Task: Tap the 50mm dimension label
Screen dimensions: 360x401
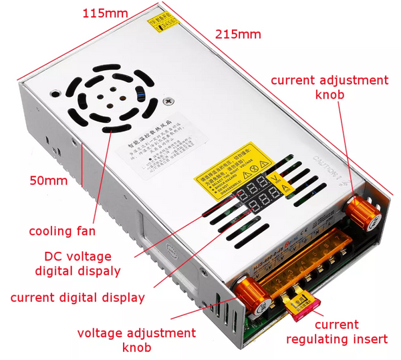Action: (x=48, y=180)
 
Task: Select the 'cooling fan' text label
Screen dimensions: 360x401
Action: (x=61, y=231)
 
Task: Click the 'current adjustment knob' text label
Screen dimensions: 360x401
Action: (x=329, y=87)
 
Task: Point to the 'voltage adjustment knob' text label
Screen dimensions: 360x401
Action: (x=136, y=340)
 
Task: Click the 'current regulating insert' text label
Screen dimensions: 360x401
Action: (x=337, y=332)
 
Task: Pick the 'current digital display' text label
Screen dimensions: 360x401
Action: (x=78, y=298)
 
